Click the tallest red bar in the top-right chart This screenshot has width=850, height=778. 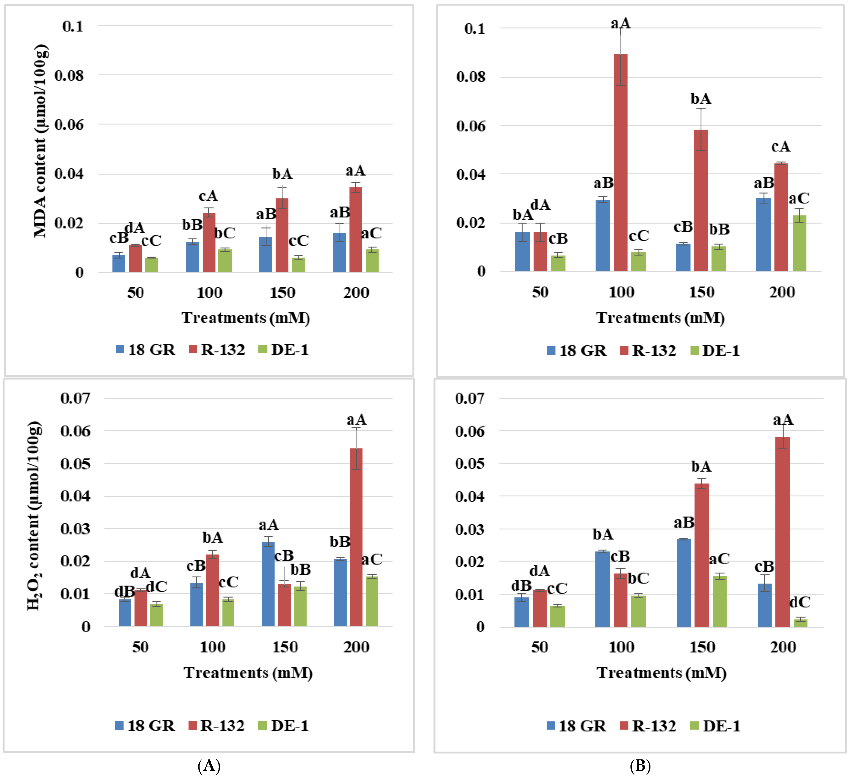point(620,162)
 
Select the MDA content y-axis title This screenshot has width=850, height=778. point(41,141)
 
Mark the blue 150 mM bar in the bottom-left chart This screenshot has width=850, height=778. point(268,584)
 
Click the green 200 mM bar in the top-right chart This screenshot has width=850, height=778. point(799,243)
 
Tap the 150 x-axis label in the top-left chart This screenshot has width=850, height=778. point(282,292)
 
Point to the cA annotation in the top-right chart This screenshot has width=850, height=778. point(781,147)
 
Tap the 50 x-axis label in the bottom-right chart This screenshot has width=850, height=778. point(539,647)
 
